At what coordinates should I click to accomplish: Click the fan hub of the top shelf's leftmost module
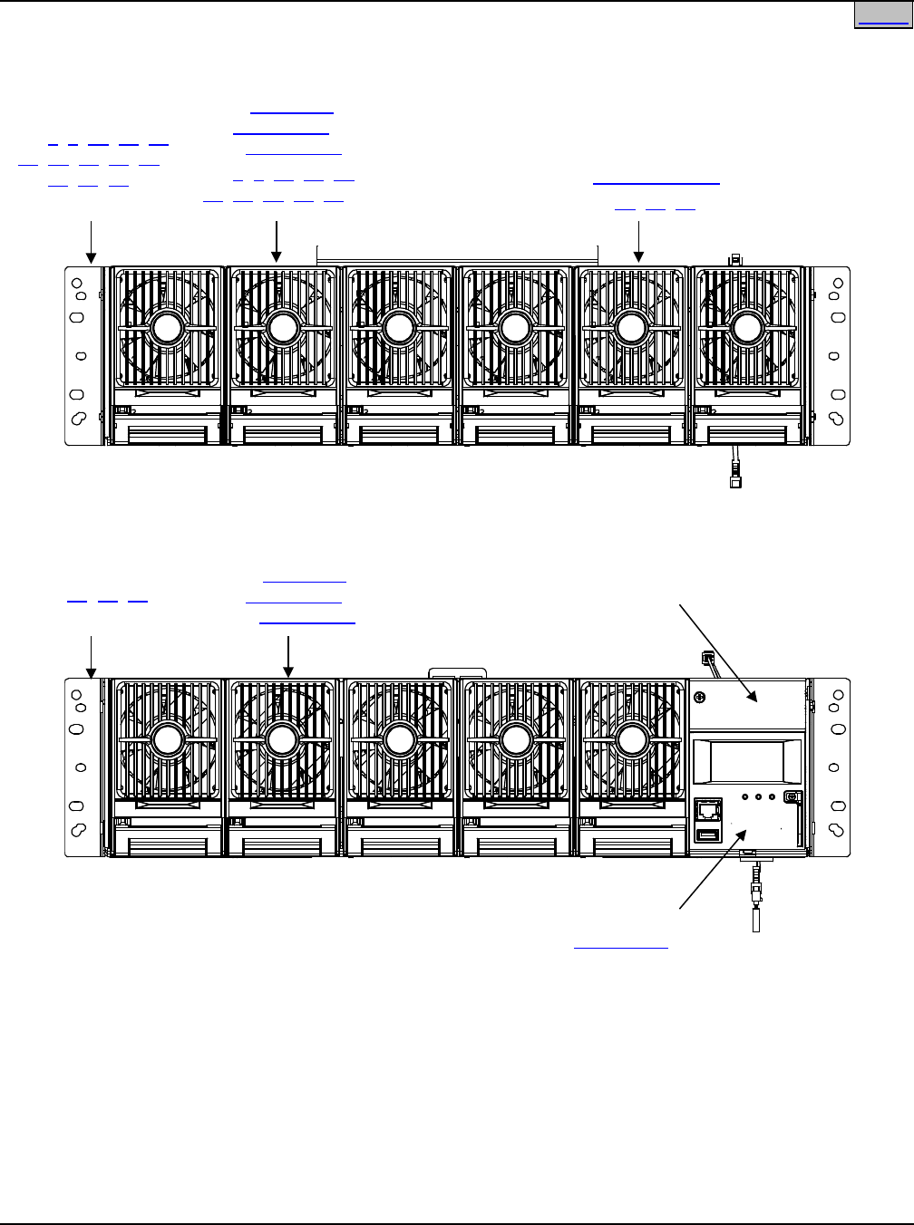tap(167, 328)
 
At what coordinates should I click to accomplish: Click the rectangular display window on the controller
tap(747, 759)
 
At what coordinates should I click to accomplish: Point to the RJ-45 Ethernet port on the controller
tap(707, 809)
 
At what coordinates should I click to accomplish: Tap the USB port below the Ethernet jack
tap(707, 834)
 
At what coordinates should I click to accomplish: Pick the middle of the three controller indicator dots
tap(758, 798)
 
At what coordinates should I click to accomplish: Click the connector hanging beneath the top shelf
tap(735, 474)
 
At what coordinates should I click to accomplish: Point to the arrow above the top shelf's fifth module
tap(639, 242)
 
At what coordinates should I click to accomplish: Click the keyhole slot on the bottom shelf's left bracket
tap(78, 829)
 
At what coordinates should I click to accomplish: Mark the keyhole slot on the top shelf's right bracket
tap(837, 418)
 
